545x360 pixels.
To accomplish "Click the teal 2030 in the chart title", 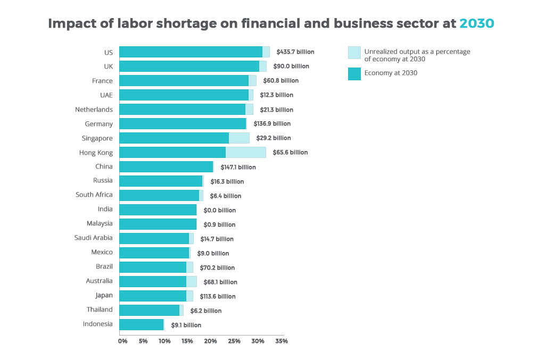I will tap(477, 24).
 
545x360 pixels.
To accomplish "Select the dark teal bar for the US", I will tap(191, 52).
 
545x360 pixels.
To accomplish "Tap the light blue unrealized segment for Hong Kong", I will tap(245, 153).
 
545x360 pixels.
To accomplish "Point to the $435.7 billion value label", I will tap(295, 52).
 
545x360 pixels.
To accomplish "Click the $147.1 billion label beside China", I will tap(238, 167).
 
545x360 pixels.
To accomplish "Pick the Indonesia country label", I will tap(98, 324).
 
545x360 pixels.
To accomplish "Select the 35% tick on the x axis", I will tap(282, 341).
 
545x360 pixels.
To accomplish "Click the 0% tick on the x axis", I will tap(122, 341).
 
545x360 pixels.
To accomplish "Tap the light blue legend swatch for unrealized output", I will tap(354, 53).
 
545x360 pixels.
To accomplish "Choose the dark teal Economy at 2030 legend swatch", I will tap(354, 73).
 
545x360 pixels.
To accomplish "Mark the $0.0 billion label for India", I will tap(219, 210).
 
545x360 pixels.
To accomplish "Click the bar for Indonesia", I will tap(141, 324).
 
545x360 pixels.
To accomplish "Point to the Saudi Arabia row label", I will tap(94, 238).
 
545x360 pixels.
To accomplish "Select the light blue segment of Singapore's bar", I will tap(239, 138).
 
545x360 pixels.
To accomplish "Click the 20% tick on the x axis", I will tap(211, 341).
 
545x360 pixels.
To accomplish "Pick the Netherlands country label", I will tap(94, 110).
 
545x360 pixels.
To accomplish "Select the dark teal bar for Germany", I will tap(182, 124).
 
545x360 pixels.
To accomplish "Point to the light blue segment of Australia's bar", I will tap(192, 281).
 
